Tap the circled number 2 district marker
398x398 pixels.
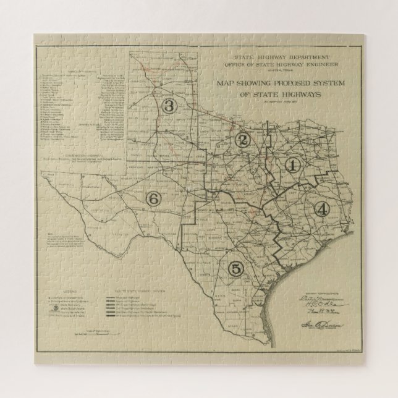243,139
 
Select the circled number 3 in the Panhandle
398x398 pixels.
171,106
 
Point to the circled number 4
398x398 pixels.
321,208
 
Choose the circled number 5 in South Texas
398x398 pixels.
235,268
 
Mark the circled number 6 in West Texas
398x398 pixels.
153,198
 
